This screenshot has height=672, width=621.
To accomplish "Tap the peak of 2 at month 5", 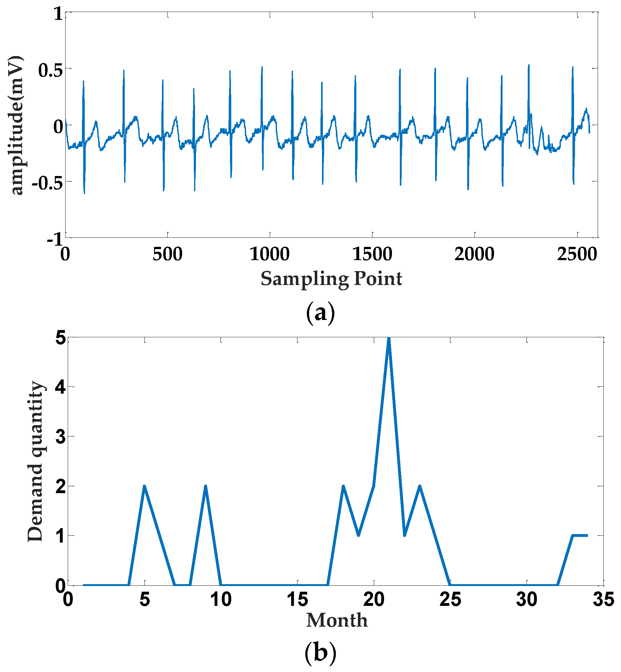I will [x=145, y=487].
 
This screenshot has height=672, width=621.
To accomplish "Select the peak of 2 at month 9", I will [x=206, y=487].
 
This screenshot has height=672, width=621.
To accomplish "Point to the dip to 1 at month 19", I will [x=359, y=535].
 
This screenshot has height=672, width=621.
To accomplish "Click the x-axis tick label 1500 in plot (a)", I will [x=372, y=254].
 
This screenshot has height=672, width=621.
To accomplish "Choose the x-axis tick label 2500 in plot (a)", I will [x=577, y=254].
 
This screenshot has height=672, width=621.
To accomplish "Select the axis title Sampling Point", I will [x=331, y=279].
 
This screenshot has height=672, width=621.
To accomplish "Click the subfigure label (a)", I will [x=320, y=313].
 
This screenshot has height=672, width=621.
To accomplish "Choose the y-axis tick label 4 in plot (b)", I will [x=60, y=388].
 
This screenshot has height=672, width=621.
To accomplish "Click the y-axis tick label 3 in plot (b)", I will [x=60, y=437].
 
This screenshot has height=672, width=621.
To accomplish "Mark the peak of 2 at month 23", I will [x=420, y=487].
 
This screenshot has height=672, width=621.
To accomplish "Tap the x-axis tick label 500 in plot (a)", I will [x=167, y=254].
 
